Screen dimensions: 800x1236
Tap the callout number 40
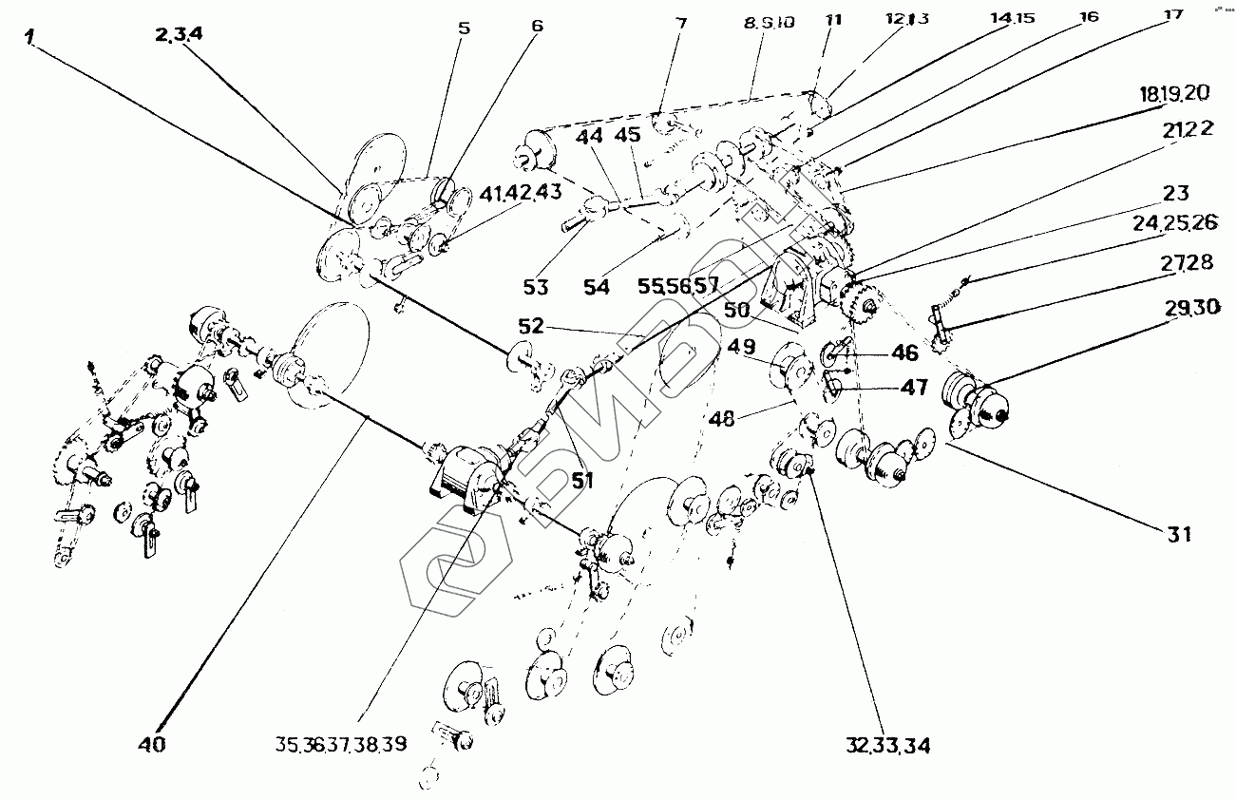coord(152,743)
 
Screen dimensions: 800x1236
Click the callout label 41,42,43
coord(524,193)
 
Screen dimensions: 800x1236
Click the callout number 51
coord(581,481)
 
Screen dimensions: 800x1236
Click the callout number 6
coord(537,26)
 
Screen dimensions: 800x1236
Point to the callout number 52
coord(531,325)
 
